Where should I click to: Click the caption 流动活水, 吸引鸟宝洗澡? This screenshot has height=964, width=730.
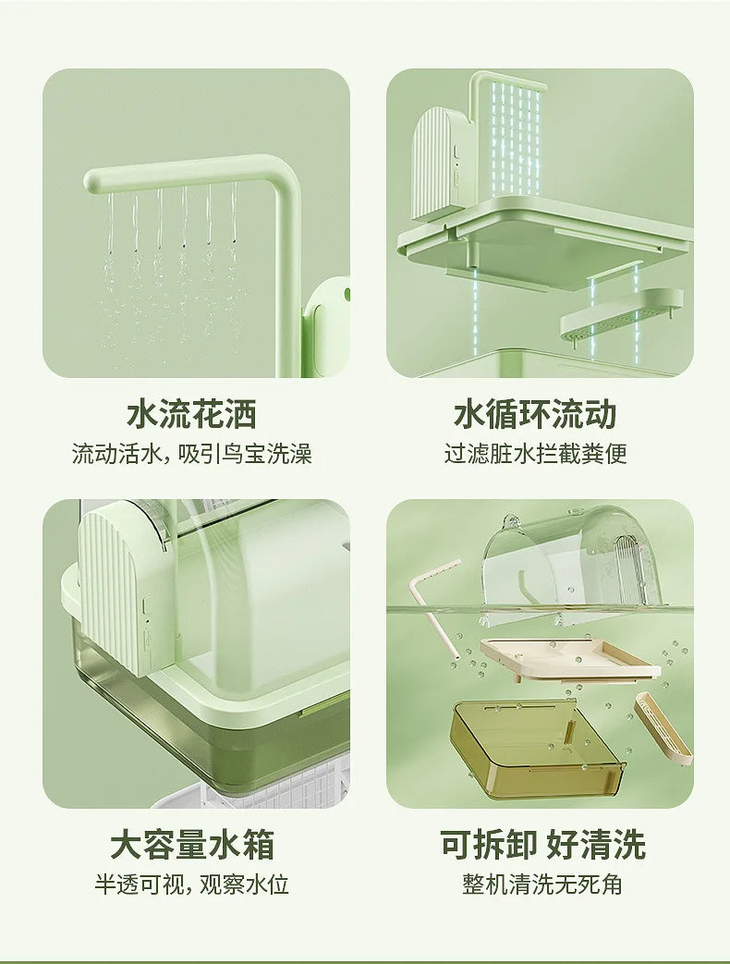(x=192, y=455)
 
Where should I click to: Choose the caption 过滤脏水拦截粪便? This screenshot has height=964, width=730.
(x=536, y=455)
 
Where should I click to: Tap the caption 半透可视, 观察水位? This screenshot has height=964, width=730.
(x=191, y=885)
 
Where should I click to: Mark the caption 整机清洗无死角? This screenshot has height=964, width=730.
(x=542, y=885)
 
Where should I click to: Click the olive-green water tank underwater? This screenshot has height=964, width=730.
(x=538, y=750)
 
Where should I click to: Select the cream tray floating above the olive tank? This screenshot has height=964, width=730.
(x=568, y=660)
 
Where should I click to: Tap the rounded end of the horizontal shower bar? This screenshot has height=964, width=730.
(x=93, y=182)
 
